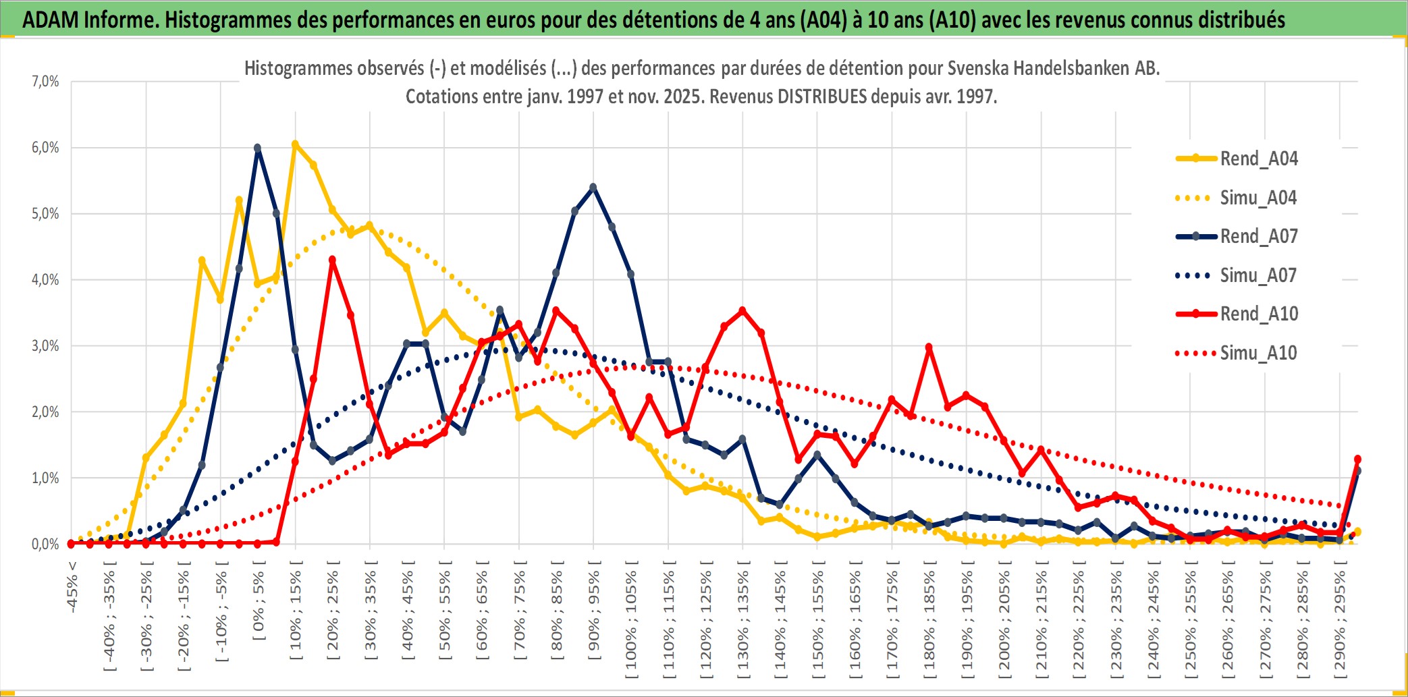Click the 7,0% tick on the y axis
point(45,82)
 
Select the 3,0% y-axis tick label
point(45,346)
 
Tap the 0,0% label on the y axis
point(45,544)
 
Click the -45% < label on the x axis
point(72,587)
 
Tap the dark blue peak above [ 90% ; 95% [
point(593,188)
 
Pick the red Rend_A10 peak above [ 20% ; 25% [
point(332,260)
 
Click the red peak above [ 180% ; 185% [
point(929,347)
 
